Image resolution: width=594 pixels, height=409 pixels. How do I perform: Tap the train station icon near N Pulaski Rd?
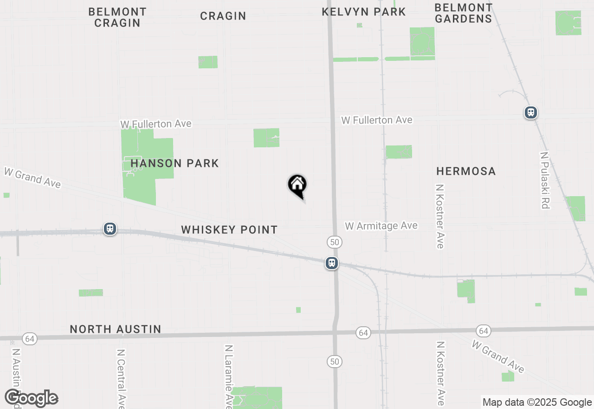(x=530, y=112)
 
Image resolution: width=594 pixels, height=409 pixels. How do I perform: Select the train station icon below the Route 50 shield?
(x=331, y=263)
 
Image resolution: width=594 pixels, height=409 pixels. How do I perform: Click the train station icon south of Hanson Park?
(x=110, y=229)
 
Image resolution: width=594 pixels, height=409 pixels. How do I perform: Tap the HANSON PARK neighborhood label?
(x=174, y=164)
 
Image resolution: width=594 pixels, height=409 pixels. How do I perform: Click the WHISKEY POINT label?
(x=229, y=230)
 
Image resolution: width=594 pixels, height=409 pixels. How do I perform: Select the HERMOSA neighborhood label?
(x=466, y=172)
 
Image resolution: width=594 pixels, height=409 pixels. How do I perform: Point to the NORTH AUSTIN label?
(x=116, y=330)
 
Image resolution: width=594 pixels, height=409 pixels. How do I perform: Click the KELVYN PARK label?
(x=364, y=12)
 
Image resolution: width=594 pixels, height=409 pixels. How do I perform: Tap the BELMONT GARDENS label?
(x=463, y=13)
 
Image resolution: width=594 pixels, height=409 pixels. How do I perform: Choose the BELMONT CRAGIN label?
(x=117, y=17)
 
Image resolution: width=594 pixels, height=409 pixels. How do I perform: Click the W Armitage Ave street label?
(x=381, y=226)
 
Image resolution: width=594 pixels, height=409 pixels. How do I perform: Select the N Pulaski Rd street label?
(x=545, y=180)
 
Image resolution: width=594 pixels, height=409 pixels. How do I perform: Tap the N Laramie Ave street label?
(x=228, y=374)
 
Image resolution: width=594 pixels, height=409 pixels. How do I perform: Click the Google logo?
(x=32, y=398)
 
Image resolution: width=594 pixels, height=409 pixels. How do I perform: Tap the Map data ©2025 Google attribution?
(x=537, y=402)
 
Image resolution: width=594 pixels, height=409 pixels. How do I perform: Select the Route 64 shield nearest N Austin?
(x=30, y=339)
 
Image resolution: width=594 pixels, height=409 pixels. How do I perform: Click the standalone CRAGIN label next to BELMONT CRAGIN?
(x=223, y=16)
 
